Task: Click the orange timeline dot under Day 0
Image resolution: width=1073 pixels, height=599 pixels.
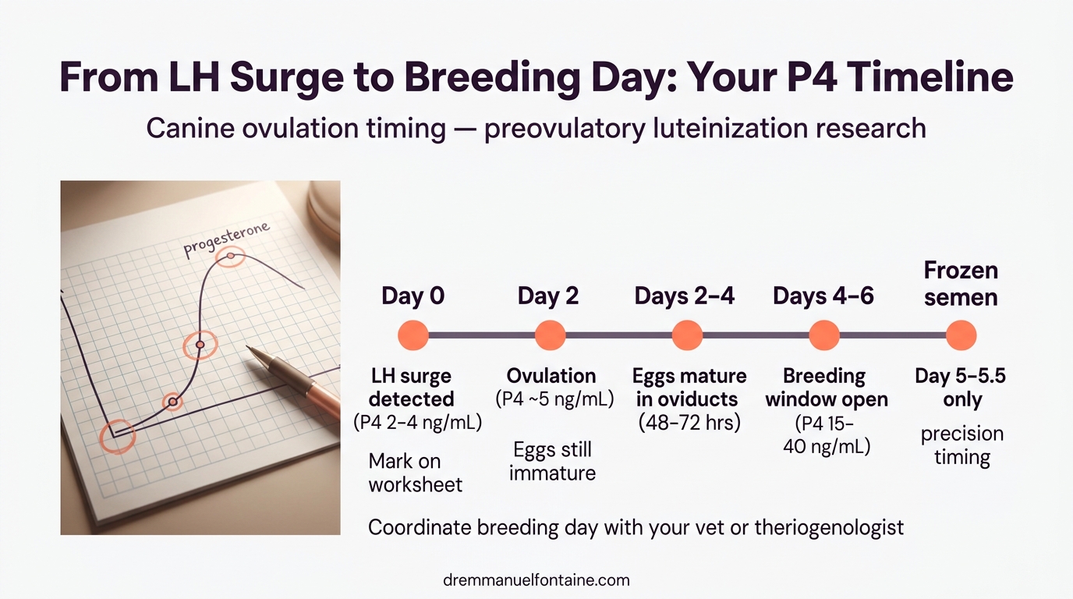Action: [413, 335]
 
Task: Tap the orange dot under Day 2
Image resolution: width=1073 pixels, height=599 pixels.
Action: [550, 335]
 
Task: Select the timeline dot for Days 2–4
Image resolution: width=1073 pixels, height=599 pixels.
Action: [687, 335]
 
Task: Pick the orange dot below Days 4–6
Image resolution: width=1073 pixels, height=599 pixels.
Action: [824, 335]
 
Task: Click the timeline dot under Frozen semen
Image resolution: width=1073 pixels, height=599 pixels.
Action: [961, 335]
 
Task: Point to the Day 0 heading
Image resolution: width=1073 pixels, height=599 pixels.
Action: [413, 296]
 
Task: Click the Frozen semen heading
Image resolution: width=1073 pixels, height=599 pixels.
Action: [961, 284]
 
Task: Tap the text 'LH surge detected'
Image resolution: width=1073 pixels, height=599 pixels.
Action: [411, 388]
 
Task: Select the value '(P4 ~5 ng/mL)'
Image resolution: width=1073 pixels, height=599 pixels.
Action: [554, 399]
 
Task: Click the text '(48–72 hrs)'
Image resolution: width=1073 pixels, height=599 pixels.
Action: [689, 423]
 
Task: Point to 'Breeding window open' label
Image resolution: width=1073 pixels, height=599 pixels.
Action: [826, 388]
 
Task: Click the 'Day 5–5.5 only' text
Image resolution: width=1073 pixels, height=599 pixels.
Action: [961, 388]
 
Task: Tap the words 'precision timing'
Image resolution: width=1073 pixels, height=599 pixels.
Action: [961, 445]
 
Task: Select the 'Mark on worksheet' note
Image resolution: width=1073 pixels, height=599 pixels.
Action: [415, 473]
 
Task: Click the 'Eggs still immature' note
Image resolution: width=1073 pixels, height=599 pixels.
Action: [552, 461]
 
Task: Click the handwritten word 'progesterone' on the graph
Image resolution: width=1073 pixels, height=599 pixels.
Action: [227, 239]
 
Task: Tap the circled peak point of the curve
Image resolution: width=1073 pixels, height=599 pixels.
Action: [230, 256]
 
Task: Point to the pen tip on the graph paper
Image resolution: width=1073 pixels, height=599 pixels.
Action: [250, 348]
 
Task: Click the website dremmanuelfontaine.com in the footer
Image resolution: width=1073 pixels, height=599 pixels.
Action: [536, 580]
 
